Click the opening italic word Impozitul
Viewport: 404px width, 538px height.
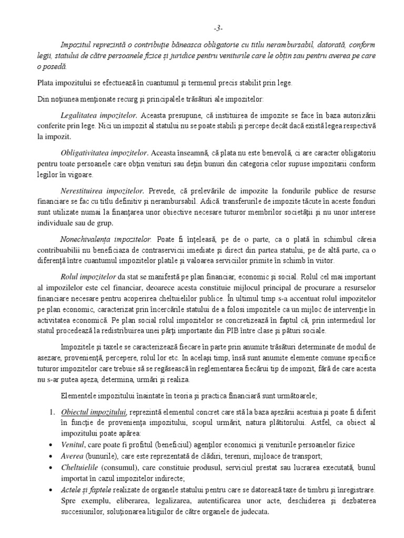click(x=78, y=45)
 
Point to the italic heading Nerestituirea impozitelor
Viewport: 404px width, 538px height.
click(x=103, y=192)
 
